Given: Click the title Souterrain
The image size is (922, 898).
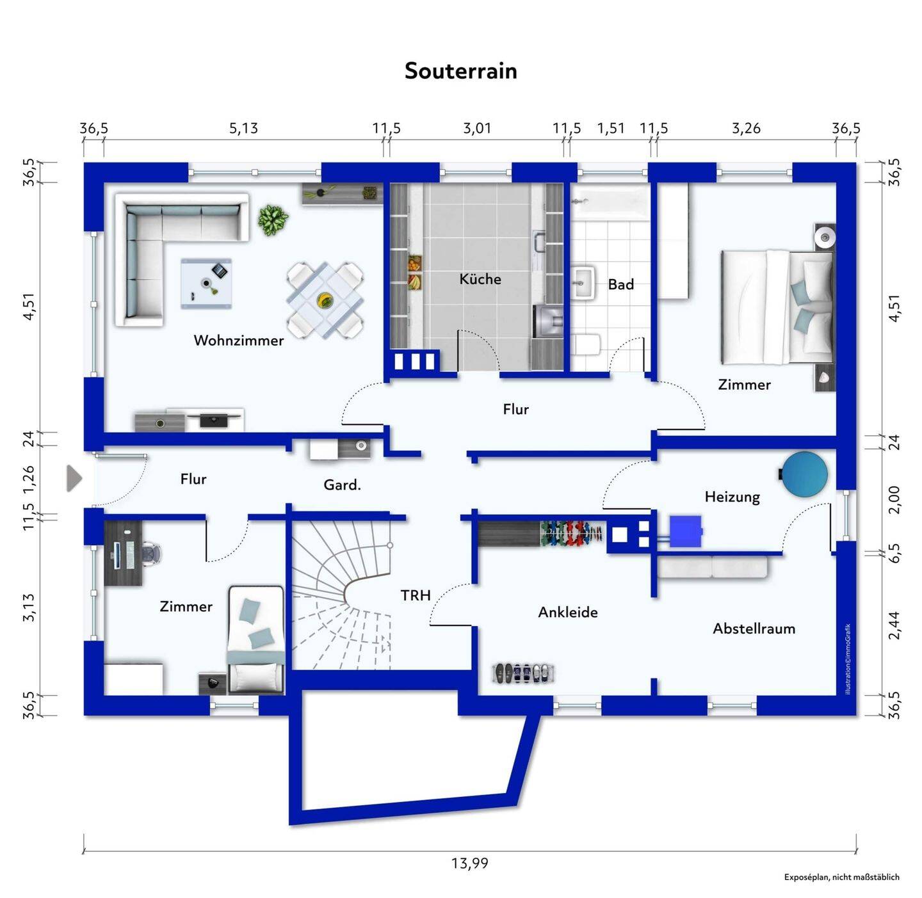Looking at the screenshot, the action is (x=460, y=70).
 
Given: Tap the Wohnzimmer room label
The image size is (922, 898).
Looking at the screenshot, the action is (x=238, y=341).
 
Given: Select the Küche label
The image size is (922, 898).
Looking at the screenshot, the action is (x=480, y=279).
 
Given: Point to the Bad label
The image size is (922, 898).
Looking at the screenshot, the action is (x=620, y=285).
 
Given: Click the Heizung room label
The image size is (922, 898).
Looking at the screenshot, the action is (x=732, y=497).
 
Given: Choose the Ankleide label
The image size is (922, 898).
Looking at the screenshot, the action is (x=567, y=613).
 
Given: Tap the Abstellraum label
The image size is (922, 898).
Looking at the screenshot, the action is (x=754, y=629).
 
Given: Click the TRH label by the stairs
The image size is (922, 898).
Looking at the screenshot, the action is (x=416, y=596).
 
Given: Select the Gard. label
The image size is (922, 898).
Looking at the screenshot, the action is (x=342, y=485).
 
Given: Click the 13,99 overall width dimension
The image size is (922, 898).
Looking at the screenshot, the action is (x=469, y=863).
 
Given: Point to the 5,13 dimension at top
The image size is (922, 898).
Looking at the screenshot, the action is (x=243, y=129).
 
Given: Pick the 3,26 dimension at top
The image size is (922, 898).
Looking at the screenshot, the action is (x=746, y=129).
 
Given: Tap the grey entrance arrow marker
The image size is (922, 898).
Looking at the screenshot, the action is (x=74, y=479).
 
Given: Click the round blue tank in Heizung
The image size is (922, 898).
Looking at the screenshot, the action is (x=805, y=474).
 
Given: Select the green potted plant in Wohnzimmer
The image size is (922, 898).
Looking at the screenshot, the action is (x=273, y=220).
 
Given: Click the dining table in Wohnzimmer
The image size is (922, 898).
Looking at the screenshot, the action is (x=325, y=300).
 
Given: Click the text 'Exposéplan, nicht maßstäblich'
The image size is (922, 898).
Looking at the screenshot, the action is (x=841, y=877).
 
